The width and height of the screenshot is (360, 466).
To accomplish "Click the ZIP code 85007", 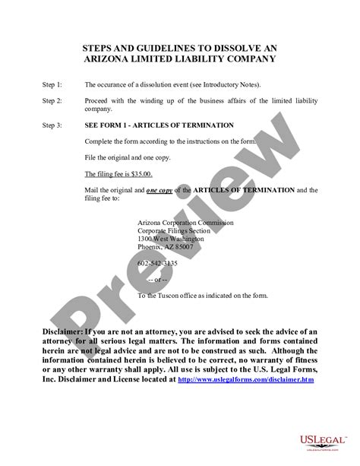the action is [182, 247].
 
